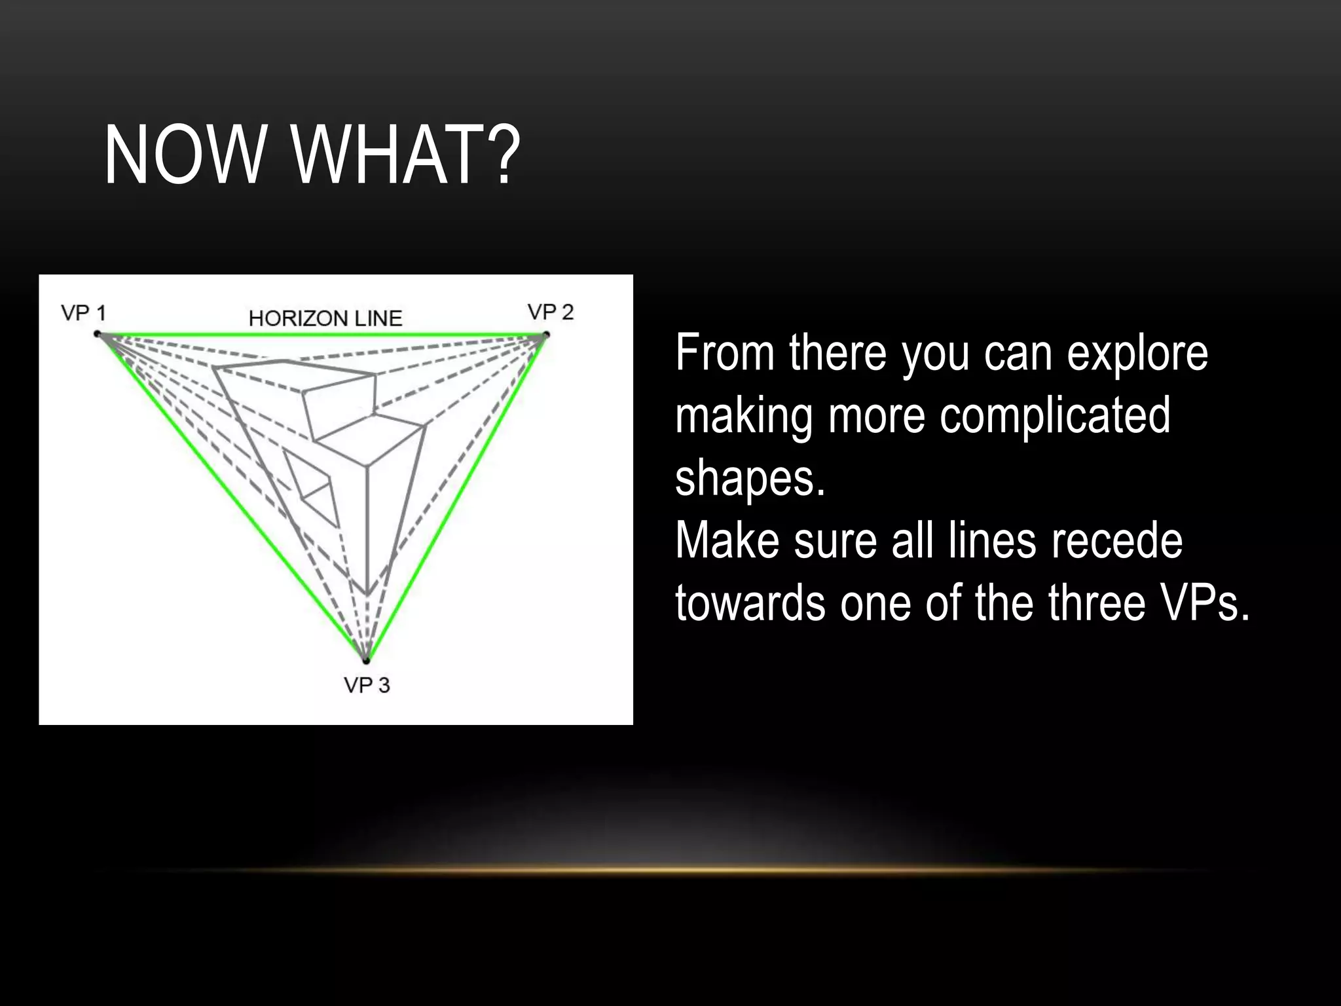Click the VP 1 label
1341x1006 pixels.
[x=83, y=313]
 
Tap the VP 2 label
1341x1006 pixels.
[x=551, y=312]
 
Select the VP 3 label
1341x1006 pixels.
[x=367, y=685]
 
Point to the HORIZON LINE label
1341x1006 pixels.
[x=325, y=318]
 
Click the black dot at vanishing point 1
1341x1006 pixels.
[x=98, y=334]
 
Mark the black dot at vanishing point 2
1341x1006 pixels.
[x=546, y=335]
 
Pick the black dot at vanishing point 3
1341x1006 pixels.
[x=367, y=660]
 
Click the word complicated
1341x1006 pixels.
[x=1055, y=416]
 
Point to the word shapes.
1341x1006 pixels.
[x=750, y=479]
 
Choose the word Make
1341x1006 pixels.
[x=727, y=541]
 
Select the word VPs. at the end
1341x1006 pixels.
[x=1204, y=603]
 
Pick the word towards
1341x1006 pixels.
[x=750, y=603]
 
